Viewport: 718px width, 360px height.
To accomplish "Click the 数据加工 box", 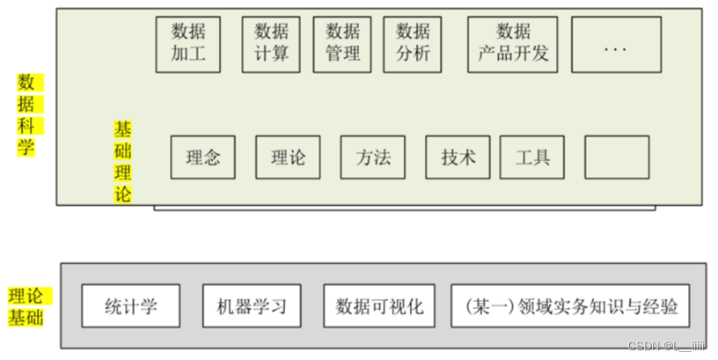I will click(x=187, y=43).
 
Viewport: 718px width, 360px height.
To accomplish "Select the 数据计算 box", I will click(x=271, y=43).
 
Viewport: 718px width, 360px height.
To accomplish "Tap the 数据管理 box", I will click(x=342, y=43).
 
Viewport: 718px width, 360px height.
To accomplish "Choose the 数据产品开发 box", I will click(x=513, y=43).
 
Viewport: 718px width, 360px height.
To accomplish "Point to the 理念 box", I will click(x=203, y=158).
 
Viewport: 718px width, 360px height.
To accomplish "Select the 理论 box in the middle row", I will click(x=289, y=158).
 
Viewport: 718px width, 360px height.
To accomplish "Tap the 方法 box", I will click(x=373, y=158).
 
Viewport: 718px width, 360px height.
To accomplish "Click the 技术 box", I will click(x=458, y=158).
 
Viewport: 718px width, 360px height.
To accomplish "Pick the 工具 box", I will click(x=531, y=158).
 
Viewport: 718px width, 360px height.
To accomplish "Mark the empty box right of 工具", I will click(x=616, y=158).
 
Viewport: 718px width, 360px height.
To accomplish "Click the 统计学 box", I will click(x=130, y=306).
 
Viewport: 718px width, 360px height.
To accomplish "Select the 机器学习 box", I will click(x=251, y=306).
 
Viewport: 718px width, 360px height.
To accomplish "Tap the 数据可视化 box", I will click(x=379, y=306).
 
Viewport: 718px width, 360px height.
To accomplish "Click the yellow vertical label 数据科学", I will click(x=27, y=115).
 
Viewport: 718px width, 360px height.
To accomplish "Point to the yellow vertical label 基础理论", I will click(x=122, y=162).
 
